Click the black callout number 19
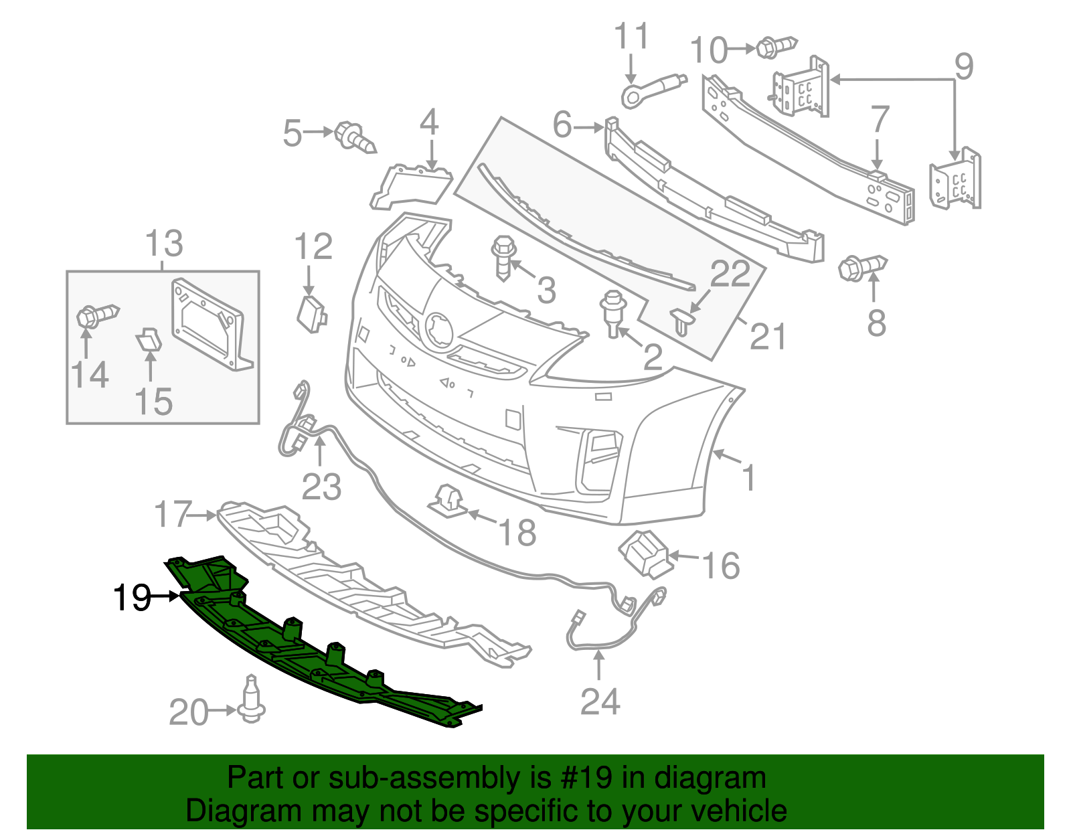point(132,597)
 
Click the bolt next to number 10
point(775,47)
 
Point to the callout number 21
point(767,336)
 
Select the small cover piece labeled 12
point(311,313)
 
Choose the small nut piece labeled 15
point(149,340)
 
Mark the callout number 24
point(600,701)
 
